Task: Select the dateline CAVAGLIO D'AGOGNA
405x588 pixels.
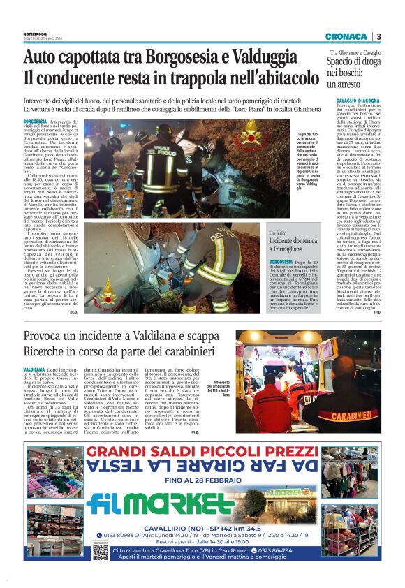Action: (351, 102)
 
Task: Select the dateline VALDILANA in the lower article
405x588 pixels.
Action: (34, 368)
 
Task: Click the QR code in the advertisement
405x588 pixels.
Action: (101, 552)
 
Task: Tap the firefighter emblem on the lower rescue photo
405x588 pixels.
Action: (107, 285)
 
